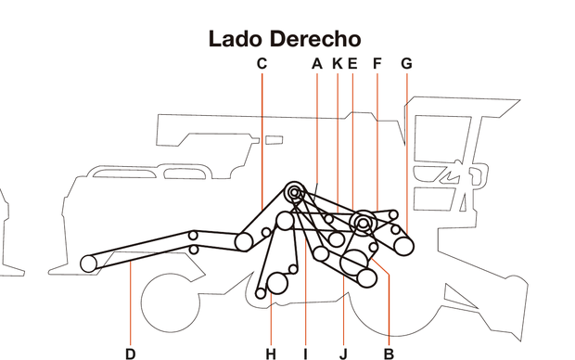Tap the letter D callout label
(x=131, y=353)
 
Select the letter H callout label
(x=271, y=353)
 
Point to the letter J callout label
(x=343, y=353)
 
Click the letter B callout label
(x=389, y=353)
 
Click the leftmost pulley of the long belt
(x=89, y=264)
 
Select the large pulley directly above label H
(x=276, y=283)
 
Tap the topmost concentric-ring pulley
(x=295, y=193)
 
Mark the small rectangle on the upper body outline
(x=274, y=141)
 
